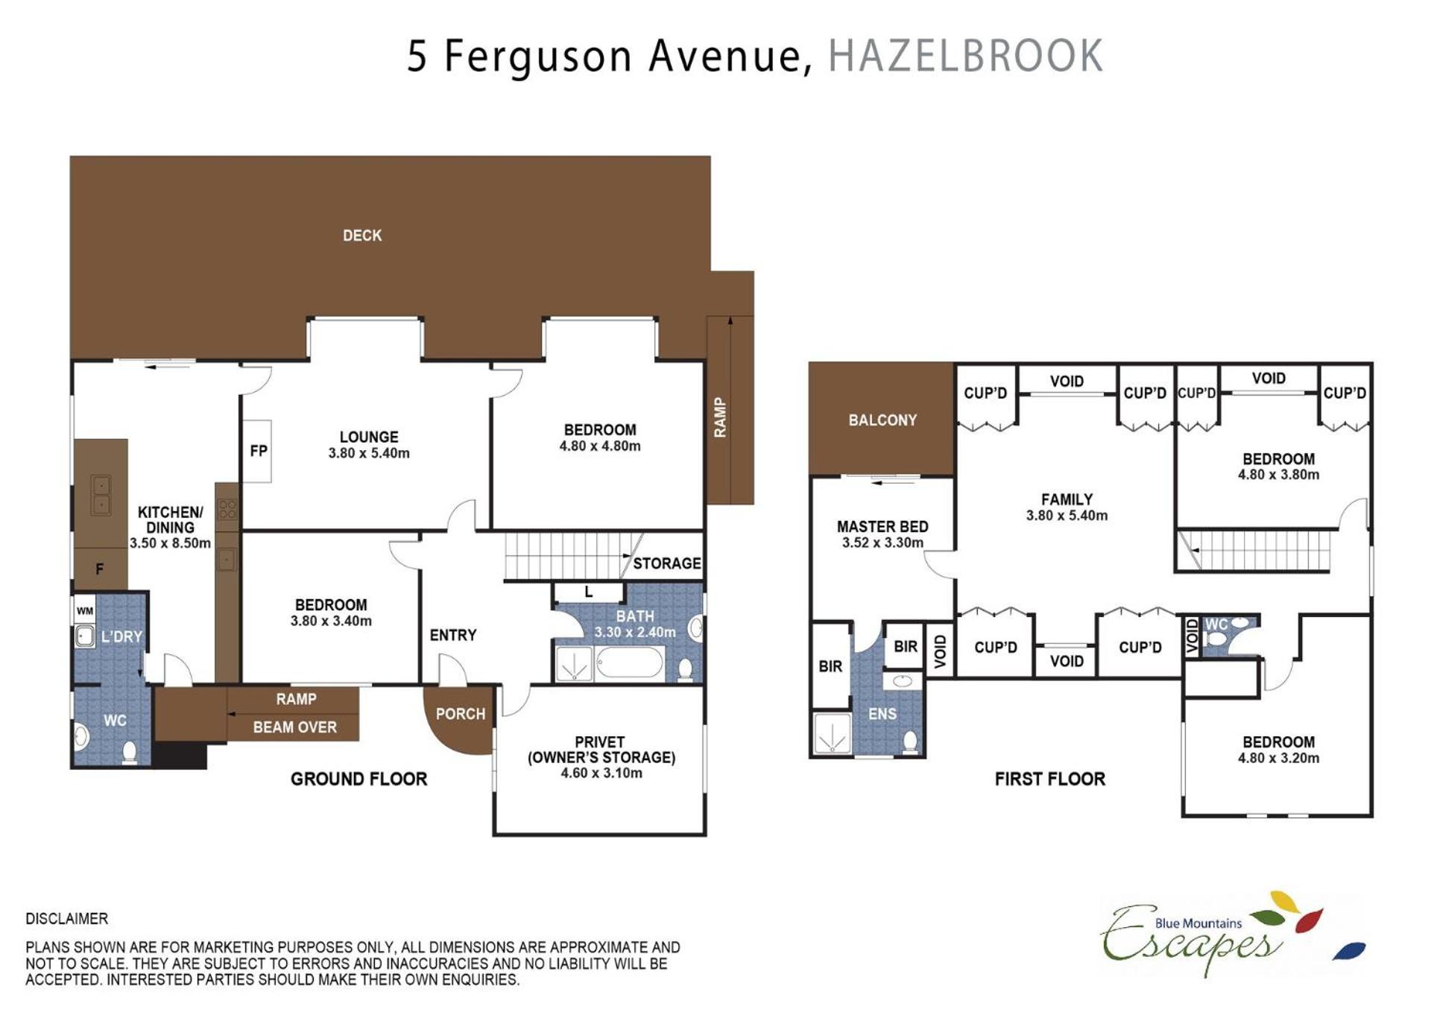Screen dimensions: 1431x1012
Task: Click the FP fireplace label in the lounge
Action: click(259, 451)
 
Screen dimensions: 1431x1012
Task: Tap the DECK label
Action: click(362, 235)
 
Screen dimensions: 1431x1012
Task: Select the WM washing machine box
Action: click(85, 611)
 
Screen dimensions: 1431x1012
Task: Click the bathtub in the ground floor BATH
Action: click(630, 662)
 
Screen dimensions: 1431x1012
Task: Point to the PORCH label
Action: click(461, 714)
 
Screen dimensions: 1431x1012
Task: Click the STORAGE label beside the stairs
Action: click(667, 563)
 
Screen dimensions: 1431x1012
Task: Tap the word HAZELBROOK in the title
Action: click(966, 55)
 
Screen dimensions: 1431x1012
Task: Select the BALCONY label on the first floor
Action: click(882, 420)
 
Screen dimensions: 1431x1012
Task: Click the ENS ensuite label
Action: click(882, 714)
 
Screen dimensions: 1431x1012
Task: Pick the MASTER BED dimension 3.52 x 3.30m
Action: click(882, 543)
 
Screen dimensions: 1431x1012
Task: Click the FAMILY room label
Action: click(1067, 499)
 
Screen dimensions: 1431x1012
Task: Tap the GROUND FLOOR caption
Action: click(358, 779)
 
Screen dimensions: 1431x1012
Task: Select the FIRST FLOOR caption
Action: click(1049, 779)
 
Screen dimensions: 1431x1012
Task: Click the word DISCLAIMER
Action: click(67, 919)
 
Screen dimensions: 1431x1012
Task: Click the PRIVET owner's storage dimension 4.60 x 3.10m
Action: click(601, 773)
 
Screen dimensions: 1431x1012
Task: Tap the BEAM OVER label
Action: click(295, 727)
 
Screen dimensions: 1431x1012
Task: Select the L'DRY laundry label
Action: click(121, 636)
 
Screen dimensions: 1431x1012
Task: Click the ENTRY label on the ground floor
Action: click(453, 635)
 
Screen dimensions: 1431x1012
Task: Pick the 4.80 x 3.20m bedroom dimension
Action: click(1278, 758)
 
